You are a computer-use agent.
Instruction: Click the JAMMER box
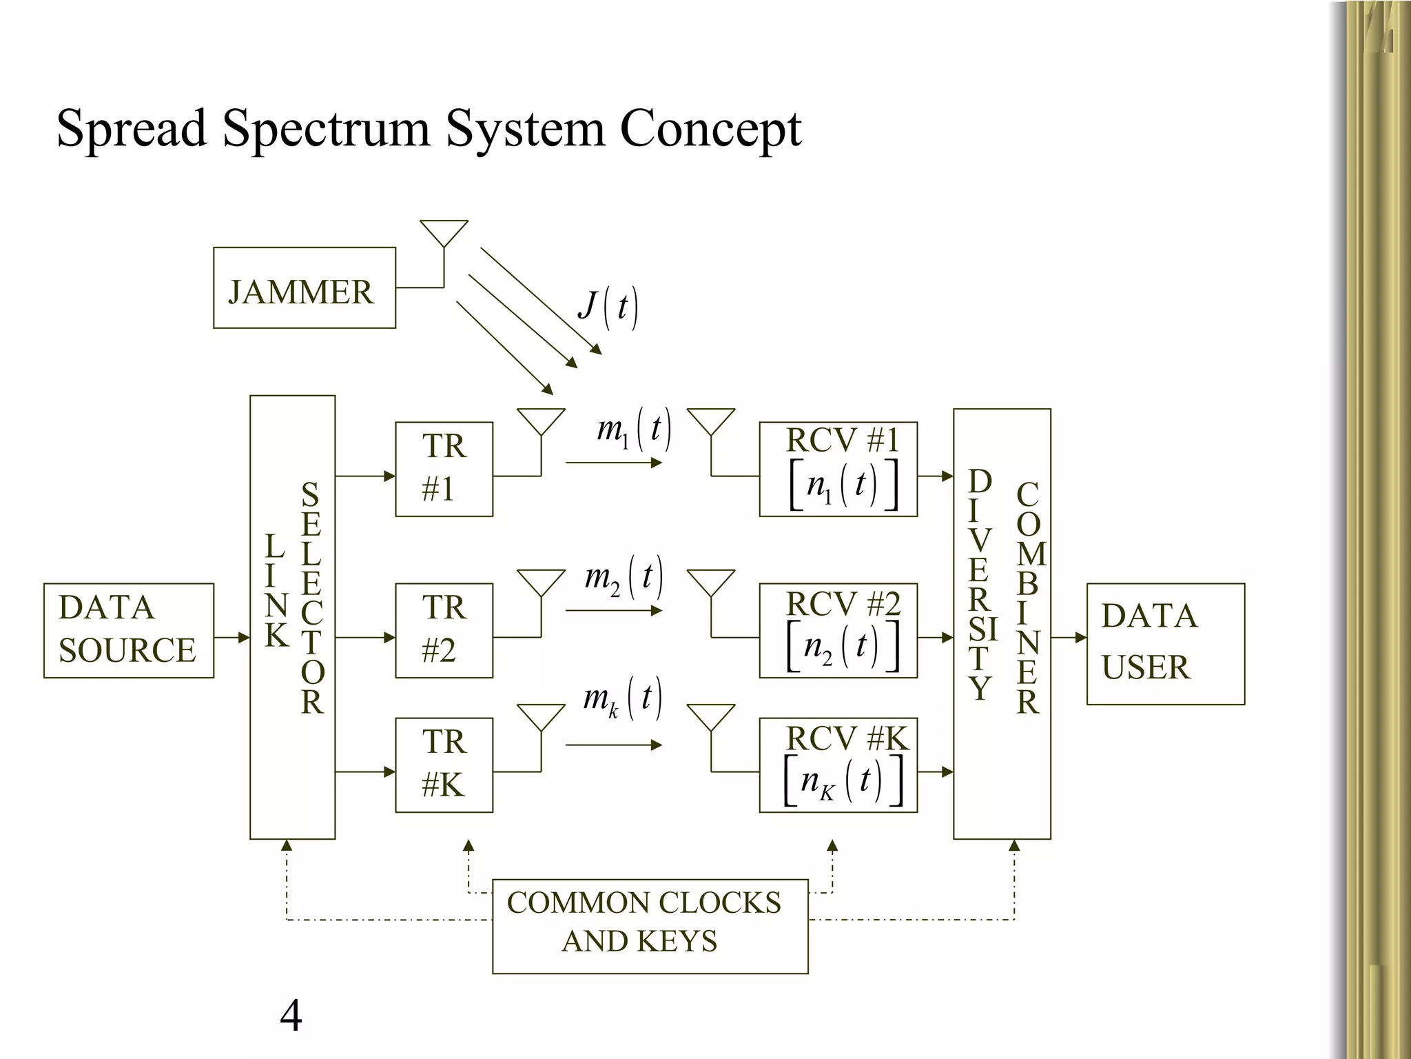pyautogui.click(x=304, y=288)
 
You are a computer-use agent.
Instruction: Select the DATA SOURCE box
pyautogui.click(x=128, y=630)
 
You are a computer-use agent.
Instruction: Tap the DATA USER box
pyautogui.click(x=1165, y=643)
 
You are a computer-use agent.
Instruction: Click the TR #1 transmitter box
pyautogui.click(x=444, y=469)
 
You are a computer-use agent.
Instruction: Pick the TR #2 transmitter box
pyautogui.click(x=444, y=630)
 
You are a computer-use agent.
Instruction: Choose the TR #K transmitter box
pyautogui.click(x=444, y=765)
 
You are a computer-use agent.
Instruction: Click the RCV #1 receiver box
pyautogui.click(x=838, y=469)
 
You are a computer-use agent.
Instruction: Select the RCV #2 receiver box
pyautogui.click(x=838, y=630)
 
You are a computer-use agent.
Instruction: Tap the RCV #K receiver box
pyautogui.click(x=838, y=765)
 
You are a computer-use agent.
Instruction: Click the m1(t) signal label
pyautogui.click(x=633, y=430)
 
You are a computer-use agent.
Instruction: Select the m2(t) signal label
pyautogui.click(x=624, y=577)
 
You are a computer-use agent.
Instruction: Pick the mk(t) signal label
pyautogui.click(x=622, y=698)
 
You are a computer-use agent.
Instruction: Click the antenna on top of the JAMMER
pyautogui.click(x=444, y=234)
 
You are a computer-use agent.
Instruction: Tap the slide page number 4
pyautogui.click(x=291, y=1016)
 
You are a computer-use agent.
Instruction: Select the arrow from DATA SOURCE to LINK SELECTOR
pyautogui.click(x=232, y=638)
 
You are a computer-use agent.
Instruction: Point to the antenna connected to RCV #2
pyautogui.click(x=711, y=583)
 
